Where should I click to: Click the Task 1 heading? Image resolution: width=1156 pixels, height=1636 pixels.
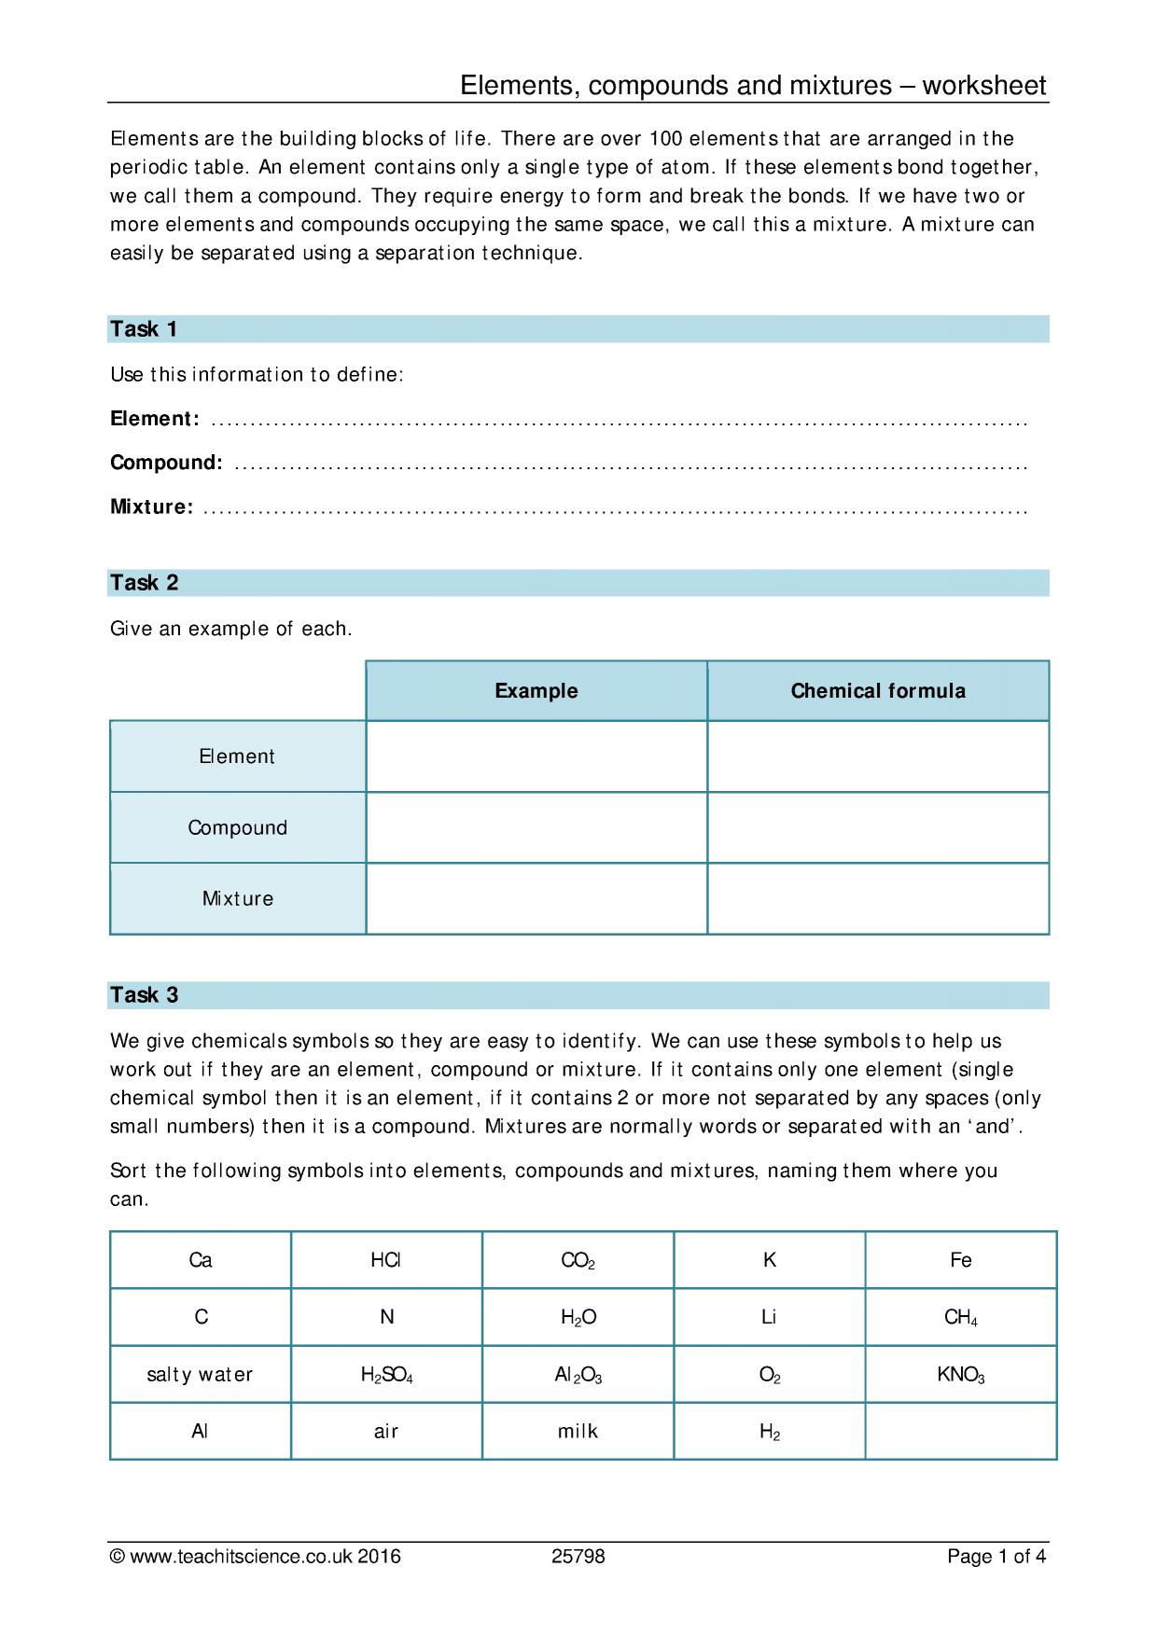pyautogui.click(x=144, y=329)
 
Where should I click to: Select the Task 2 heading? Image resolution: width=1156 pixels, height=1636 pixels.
pyautogui.click(x=144, y=583)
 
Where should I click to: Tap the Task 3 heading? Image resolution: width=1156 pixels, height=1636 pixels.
pyautogui.click(x=144, y=995)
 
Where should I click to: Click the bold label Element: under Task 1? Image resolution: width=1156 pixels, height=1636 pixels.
pyautogui.click(x=154, y=419)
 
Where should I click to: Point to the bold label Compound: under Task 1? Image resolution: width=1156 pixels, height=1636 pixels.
pyautogui.click(x=166, y=463)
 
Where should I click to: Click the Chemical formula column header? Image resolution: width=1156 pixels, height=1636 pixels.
pyautogui.click(x=877, y=691)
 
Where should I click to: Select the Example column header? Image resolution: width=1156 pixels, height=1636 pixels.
pyautogui.click(x=536, y=691)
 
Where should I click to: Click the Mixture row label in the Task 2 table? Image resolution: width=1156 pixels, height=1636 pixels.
pyautogui.click(x=238, y=899)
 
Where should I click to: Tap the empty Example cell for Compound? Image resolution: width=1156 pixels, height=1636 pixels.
pyautogui.click(x=536, y=828)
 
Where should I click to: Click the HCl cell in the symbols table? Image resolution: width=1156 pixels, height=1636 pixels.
pyautogui.click(x=385, y=1261)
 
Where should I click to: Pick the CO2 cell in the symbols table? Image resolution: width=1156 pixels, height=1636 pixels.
pyautogui.click(x=578, y=1261)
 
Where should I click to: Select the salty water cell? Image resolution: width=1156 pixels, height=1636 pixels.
pyautogui.click(x=200, y=1375)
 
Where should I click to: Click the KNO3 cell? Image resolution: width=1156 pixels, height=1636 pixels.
pyautogui.click(x=960, y=1375)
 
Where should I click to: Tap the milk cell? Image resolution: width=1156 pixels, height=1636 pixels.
pyautogui.click(x=578, y=1432)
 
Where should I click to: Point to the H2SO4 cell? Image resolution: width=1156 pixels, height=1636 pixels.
pyautogui.click(x=385, y=1375)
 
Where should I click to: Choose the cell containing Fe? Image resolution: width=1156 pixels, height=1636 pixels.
pyautogui.click(x=960, y=1261)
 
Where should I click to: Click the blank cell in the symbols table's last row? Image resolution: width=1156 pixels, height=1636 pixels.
pyautogui.click(x=960, y=1432)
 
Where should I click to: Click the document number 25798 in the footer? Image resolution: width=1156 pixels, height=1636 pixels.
pyautogui.click(x=578, y=1557)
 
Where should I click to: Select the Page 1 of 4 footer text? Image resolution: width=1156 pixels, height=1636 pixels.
pyautogui.click(x=996, y=1557)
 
